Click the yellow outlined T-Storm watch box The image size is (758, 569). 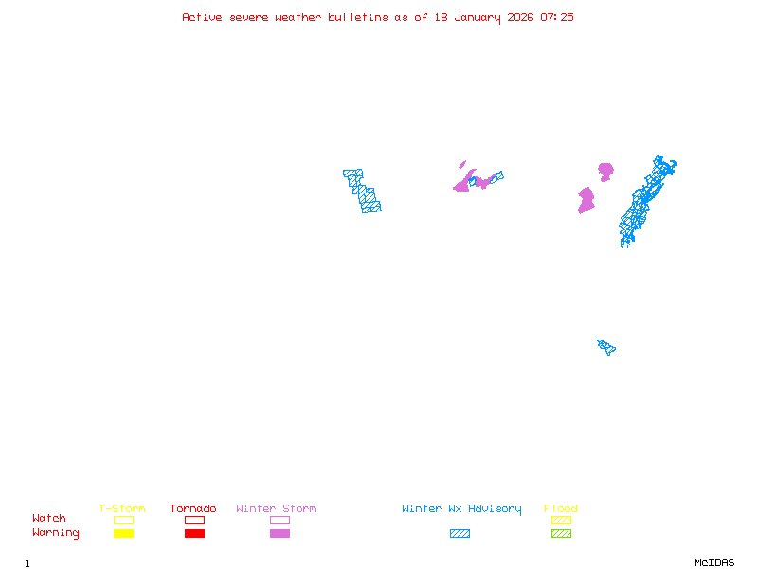(123, 520)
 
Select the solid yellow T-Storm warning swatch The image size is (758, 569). (123, 533)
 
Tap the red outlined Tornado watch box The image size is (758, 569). (194, 520)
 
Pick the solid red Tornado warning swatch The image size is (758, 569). (194, 533)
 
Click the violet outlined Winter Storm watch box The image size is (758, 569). (280, 520)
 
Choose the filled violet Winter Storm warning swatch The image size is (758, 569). (280, 533)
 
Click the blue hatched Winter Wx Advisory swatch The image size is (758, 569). (460, 533)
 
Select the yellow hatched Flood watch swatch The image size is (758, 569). (561, 520)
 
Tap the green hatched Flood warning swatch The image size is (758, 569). (561, 533)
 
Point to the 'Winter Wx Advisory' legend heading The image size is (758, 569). (461, 509)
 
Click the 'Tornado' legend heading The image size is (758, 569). (193, 509)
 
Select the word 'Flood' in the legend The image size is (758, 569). (561, 509)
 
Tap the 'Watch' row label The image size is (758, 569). (49, 519)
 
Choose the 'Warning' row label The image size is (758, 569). (55, 533)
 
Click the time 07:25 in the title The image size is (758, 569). (557, 17)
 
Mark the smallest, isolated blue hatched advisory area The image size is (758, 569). (605, 346)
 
